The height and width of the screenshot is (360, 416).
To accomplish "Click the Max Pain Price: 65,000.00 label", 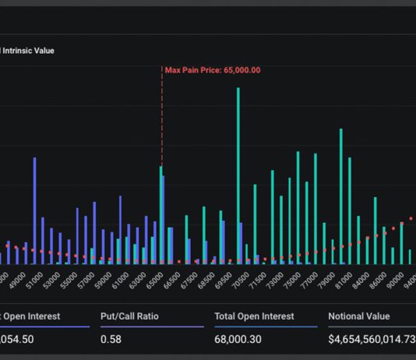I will [x=212, y=70].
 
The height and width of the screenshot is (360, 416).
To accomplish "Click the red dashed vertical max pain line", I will [x=162, y=117].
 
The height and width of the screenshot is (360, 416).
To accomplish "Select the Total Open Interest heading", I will [x=254, y=316].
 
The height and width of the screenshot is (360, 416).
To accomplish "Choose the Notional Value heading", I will [x=361, y=316].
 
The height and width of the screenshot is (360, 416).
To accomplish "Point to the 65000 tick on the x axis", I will [x=157, y=279].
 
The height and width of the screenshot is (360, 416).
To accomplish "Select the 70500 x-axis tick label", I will [x=243, y=279].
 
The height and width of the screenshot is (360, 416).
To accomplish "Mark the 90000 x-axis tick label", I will [x=397, y=279].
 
